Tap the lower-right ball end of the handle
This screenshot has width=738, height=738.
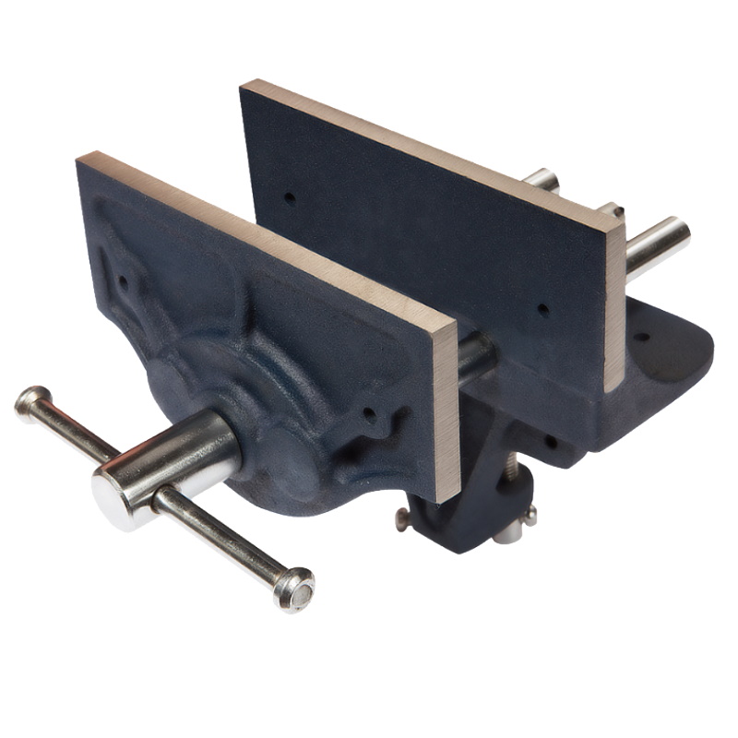coord(295,588)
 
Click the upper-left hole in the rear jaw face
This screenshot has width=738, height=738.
coord(290,197)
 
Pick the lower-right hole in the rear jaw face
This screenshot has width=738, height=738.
coord(543,310)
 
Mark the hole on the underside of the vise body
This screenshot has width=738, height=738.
coord(551,441)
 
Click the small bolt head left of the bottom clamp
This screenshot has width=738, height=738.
coord(402,520)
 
